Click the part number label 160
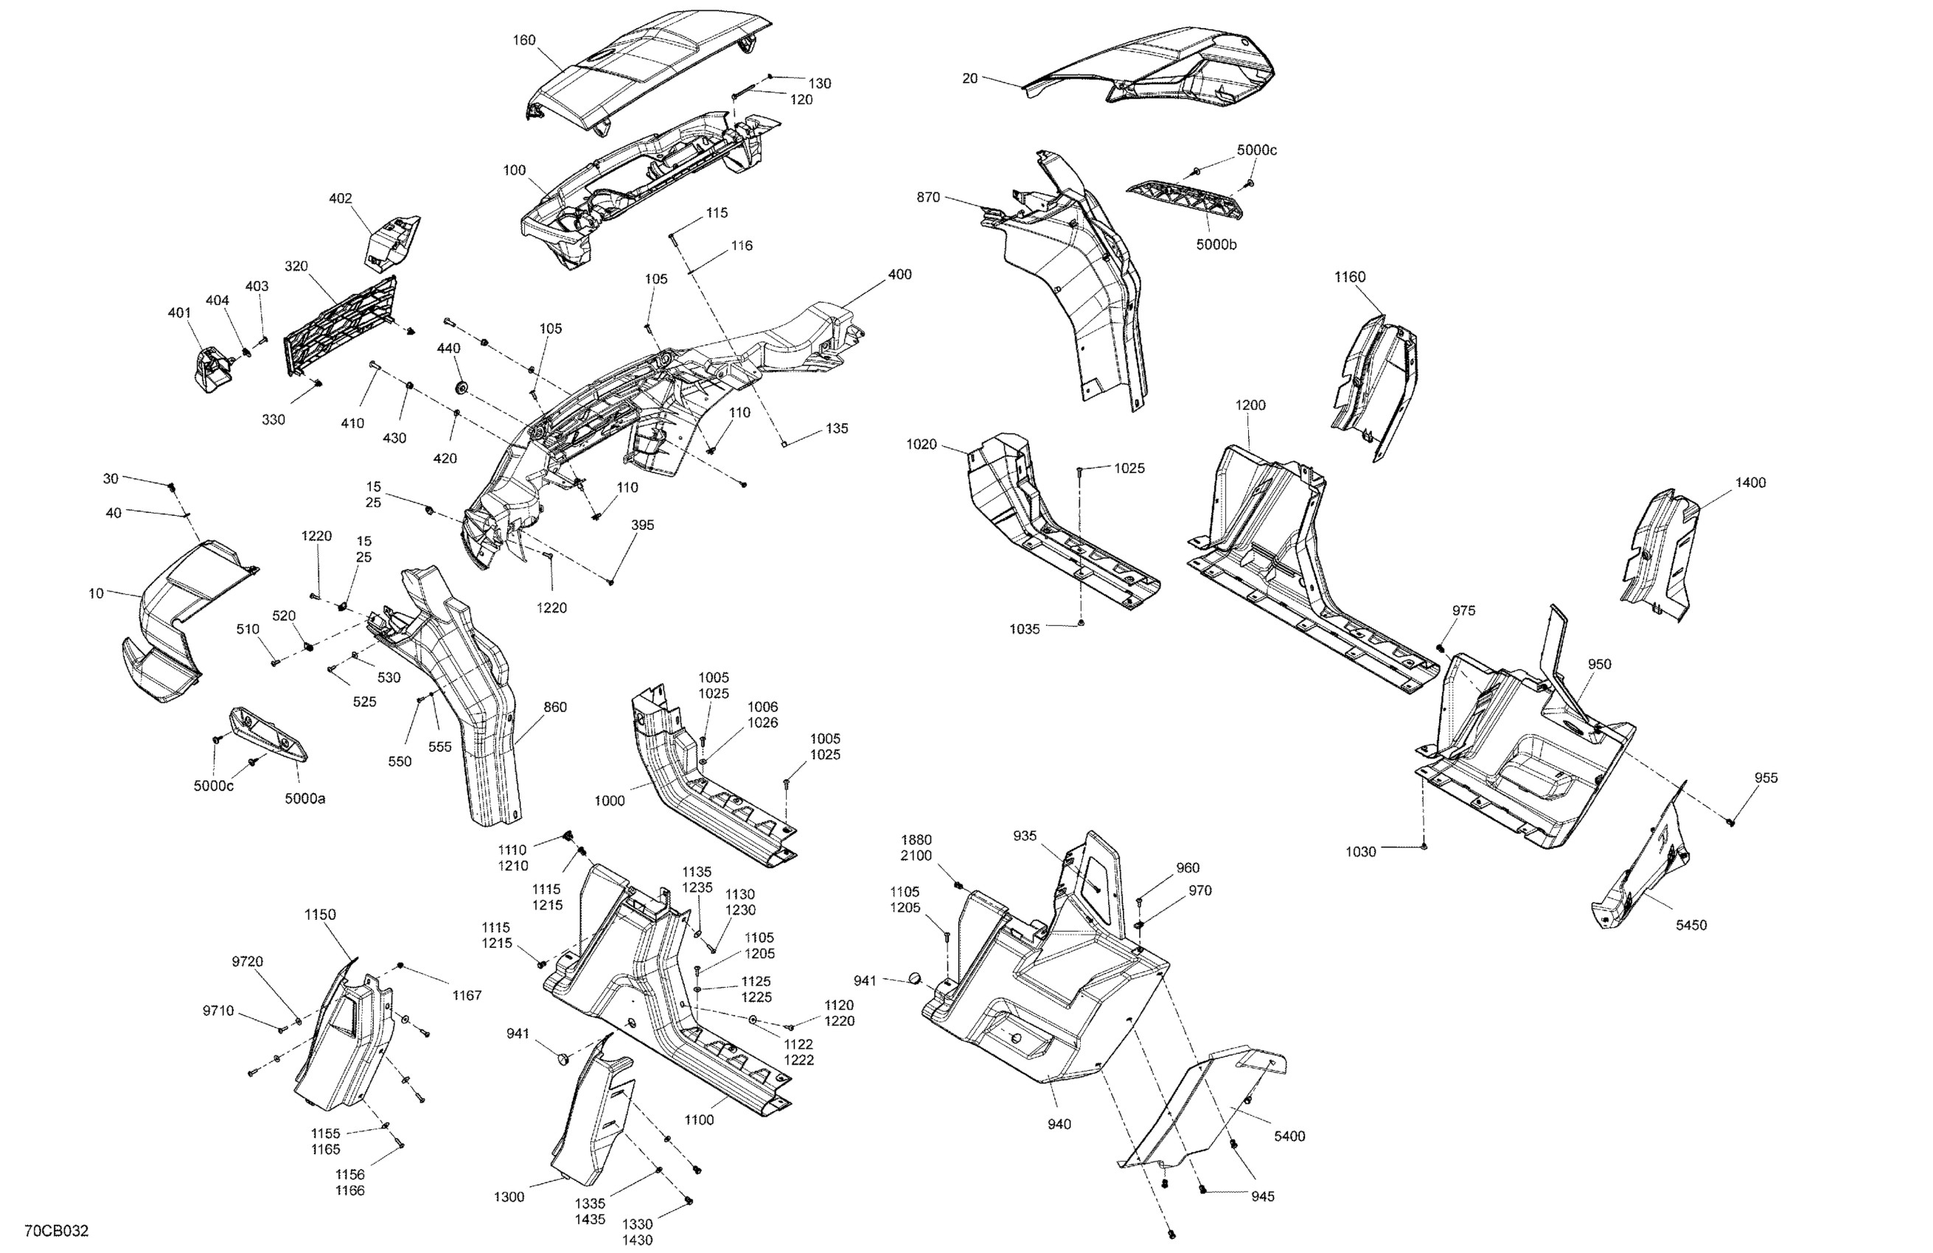(x=524, y=40)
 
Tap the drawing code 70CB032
(x=56, y=1231)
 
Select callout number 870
(x=928, y=198)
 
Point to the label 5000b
(x=1216, y=245)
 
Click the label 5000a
(x=304, y=798)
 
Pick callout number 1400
(x=1750, y=482)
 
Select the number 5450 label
(x=1691, y=925)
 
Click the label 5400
(x=1289, y=1136)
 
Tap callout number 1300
(x=509, y=1197)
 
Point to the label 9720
(x=247, y=961)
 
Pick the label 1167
(x=467, y=995)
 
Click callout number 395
(x=641, y=525)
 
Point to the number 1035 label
(x=1024, y=629)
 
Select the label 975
(x=1463, y=611)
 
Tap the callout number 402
(x=341, y=198)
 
